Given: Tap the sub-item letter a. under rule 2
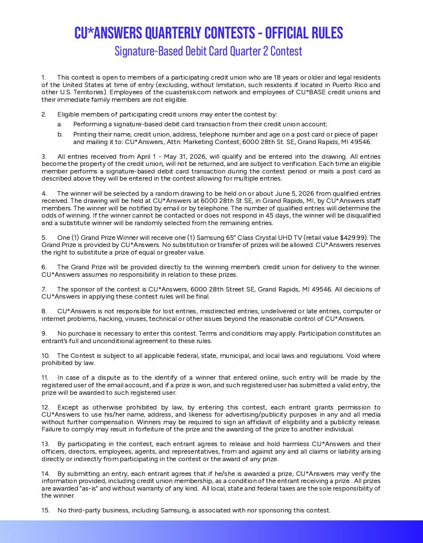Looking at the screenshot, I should [60, 124].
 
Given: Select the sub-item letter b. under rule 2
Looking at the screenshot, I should [60, 135].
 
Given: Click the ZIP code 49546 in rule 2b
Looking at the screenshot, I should [362, 142].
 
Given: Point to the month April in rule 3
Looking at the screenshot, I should [144, 157].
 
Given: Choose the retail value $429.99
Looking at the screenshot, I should [353, 238].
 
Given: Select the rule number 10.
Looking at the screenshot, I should [45, 356].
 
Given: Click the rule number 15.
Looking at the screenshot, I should [45, 511].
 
